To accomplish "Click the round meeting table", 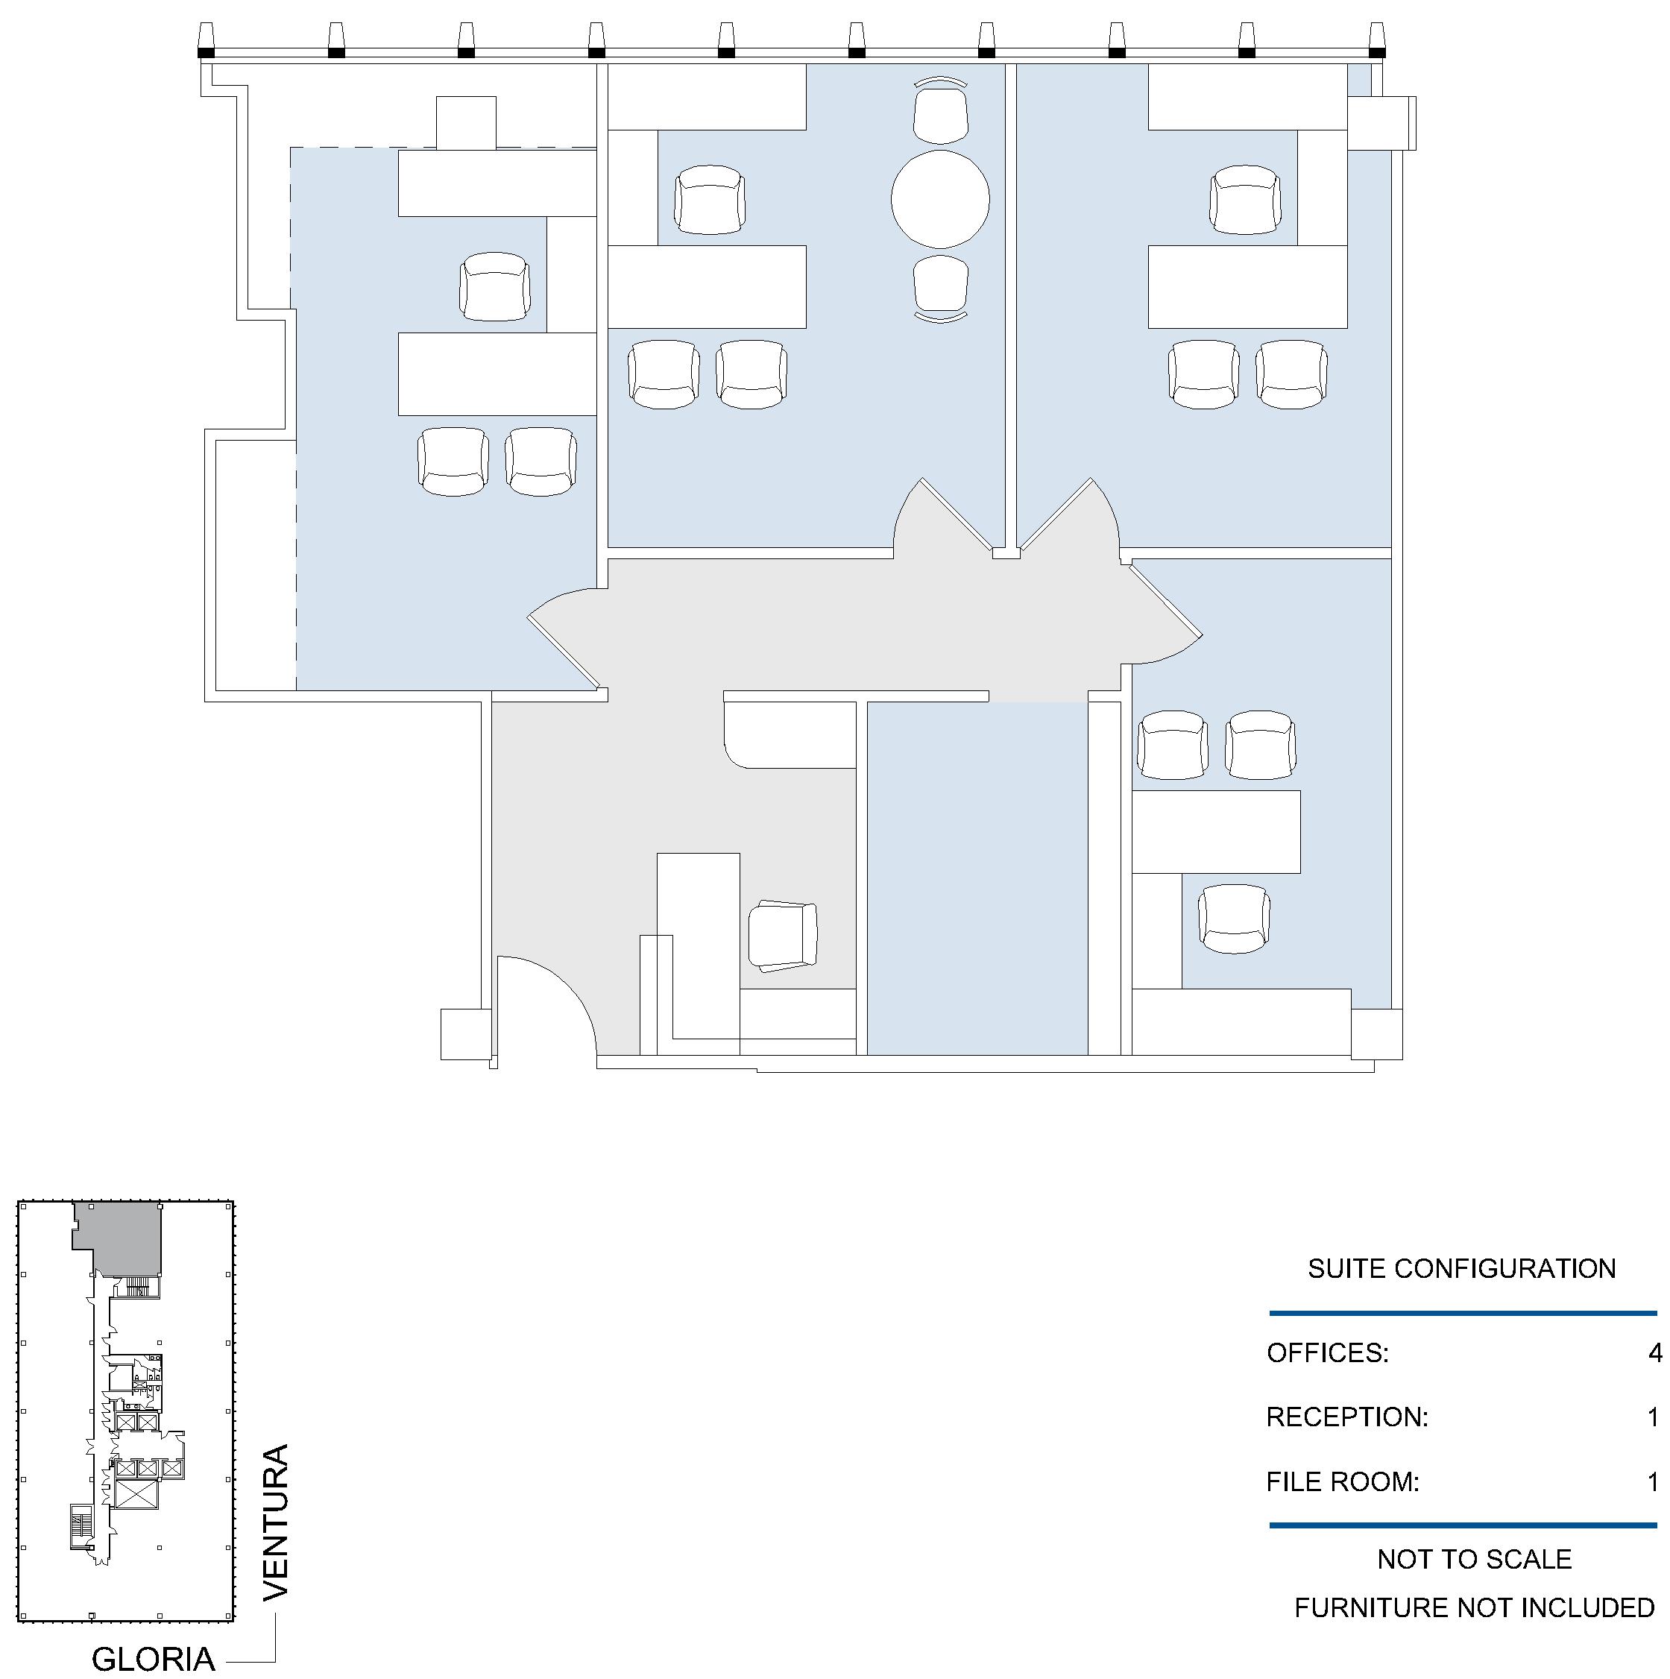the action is click(940, 199).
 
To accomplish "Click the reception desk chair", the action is click(784, 936).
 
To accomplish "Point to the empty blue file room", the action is click(977, 878).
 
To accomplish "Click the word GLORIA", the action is click(153, 1659).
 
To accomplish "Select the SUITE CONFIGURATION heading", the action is click(1461, 1269).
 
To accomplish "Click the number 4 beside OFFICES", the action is click(1654, 1353).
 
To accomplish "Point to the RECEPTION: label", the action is click(1346, 1417).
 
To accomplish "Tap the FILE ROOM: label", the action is click(1343, 1481).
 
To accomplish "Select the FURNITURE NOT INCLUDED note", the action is click(1475, 1607).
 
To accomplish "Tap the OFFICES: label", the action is click(1328, 1353).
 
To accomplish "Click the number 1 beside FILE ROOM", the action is click(1654, 1481).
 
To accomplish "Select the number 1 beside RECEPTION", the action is click(1654, 1417).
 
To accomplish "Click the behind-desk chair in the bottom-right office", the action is click(1234, 919).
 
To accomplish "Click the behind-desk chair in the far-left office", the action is click(494, 287).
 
